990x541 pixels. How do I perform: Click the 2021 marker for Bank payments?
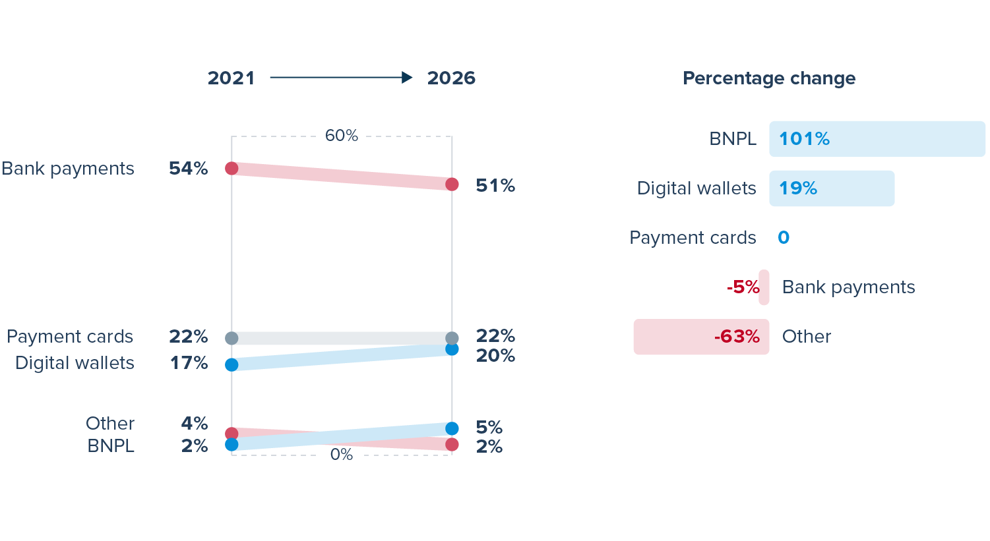click(232, 168)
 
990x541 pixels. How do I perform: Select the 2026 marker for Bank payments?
click(452, 185)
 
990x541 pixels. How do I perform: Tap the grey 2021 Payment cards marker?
click(232, 338)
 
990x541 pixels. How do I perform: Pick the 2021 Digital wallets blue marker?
click(232, 364)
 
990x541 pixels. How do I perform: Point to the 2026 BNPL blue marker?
click(452, 428)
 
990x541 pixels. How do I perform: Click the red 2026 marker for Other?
click(452, 445)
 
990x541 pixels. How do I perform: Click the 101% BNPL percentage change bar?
click(877, 139)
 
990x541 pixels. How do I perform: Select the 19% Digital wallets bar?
click(832, 188)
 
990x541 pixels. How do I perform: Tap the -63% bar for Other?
click(701, 337)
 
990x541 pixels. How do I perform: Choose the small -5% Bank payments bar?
click(764, 287)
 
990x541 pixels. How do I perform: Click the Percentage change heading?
click(769, 78)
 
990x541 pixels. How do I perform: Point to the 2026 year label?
click(451, 78)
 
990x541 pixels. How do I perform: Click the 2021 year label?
click(231, 78)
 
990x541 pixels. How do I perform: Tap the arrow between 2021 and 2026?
click(341, 78)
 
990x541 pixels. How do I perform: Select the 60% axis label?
click(342, 136)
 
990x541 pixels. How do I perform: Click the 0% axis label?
click(342, 455)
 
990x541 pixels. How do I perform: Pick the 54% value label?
click(189, 169)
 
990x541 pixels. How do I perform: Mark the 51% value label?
click(495, 186)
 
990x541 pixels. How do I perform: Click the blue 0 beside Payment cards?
click(784, 238)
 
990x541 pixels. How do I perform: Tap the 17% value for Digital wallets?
click(189, 363)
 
